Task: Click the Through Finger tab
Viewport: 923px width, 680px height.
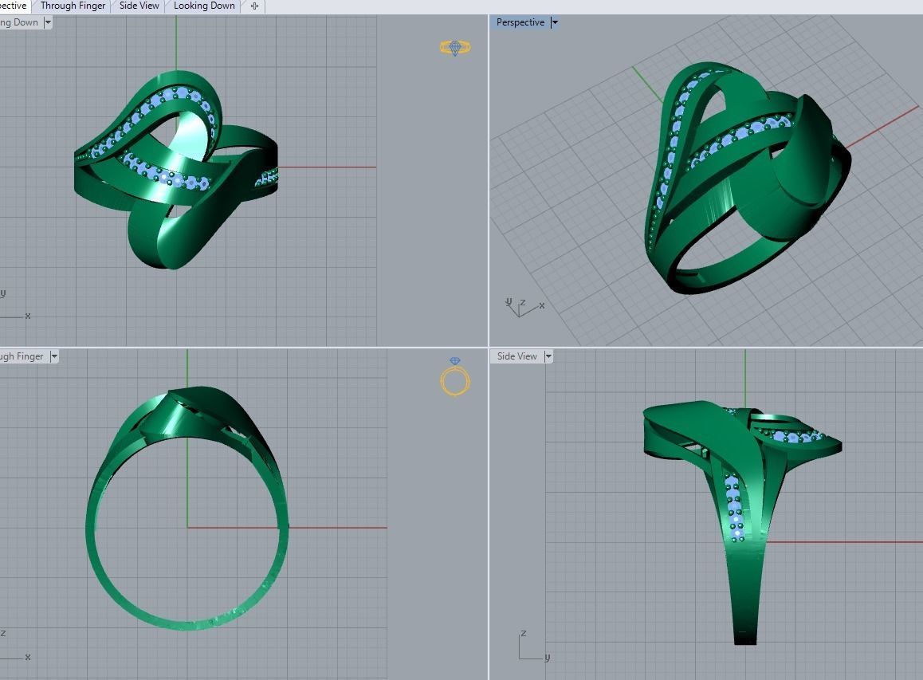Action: click(73, 6)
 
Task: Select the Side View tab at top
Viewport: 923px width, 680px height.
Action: click(139, 6)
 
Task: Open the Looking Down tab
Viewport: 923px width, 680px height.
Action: click(204, 6)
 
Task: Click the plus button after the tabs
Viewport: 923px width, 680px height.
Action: click(254, 6)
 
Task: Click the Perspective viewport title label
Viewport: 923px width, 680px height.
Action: click(520, 22)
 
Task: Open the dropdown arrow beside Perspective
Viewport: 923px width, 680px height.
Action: click(555, 22)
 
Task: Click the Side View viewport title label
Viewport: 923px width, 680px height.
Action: click(516, 356)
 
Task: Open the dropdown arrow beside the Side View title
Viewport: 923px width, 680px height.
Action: click(548, 356)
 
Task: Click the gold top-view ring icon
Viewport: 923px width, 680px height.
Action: click(455, 49)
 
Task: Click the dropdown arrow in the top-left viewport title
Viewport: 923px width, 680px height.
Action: click(48, 22)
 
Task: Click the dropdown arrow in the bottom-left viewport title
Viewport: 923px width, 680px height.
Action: click(54, 356)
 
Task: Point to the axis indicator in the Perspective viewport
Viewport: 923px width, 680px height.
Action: click(523, 307)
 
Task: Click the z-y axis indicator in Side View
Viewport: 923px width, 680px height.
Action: click(531, 647)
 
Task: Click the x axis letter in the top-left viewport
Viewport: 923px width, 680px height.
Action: click(28, 316)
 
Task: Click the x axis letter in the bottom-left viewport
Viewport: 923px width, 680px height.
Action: click(28, 657)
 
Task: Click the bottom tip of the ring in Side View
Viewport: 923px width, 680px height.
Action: click(745, 638)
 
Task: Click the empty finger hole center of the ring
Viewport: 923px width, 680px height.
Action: click(187, 526)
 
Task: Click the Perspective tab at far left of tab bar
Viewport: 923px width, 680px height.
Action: click(14, 6)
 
